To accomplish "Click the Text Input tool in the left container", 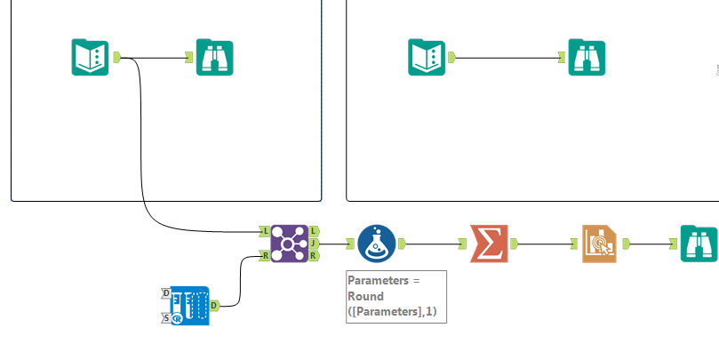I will (90, 57).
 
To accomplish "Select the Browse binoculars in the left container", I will (214, 57).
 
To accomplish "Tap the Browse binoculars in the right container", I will (587, 57).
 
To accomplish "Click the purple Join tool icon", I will (289, 243).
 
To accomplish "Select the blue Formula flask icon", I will (377, 243).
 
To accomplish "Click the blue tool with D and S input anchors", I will (189, 305).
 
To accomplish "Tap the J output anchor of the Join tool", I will (315, 243).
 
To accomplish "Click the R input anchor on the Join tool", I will (264, 256).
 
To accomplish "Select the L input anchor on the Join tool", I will (264, 230).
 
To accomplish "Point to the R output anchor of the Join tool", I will (315, 256).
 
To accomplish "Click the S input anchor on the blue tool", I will (166, 317).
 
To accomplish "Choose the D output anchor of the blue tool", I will (214, 305).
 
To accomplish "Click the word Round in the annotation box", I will (365, 296).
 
